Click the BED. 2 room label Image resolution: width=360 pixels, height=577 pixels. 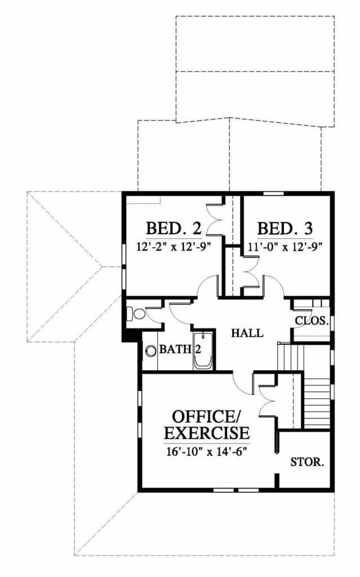174,229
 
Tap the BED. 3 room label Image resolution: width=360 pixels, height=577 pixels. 285,229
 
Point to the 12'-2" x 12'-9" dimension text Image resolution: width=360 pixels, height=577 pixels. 174,246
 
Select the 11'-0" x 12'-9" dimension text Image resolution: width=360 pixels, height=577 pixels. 283,246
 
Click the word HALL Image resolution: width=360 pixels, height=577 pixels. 247,333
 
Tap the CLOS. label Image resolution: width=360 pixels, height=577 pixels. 312,321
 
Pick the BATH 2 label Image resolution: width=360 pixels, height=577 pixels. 180,349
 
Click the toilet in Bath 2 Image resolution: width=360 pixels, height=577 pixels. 136,313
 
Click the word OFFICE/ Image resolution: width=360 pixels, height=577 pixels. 206,417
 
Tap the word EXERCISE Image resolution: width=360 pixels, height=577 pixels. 207,433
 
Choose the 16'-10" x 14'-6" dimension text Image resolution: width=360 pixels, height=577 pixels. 207,451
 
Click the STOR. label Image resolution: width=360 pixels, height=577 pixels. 308,462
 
